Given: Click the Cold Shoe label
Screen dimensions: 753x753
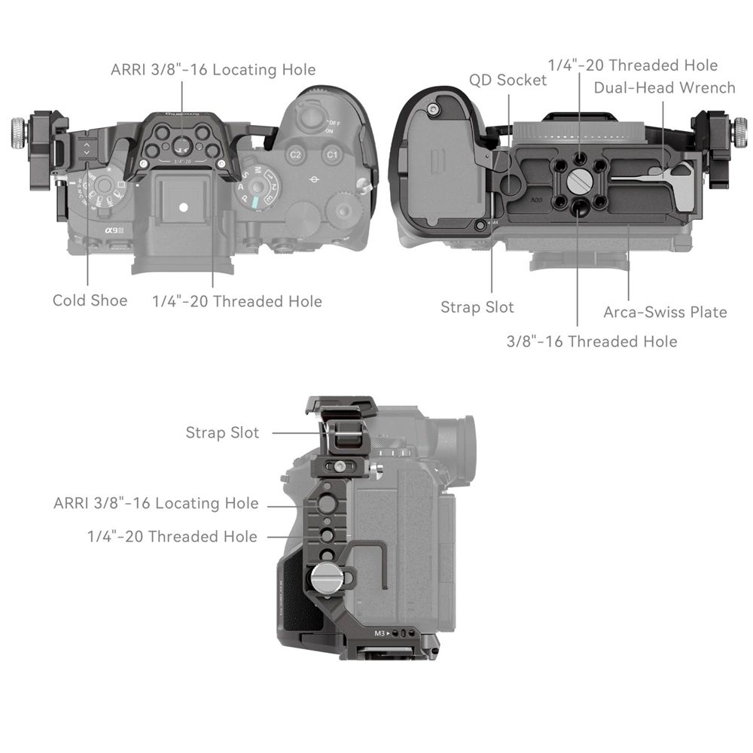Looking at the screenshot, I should (90, 300).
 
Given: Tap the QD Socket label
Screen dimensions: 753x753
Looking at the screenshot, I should (508, 80).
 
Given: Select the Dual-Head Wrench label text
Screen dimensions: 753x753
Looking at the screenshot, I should (664, 87).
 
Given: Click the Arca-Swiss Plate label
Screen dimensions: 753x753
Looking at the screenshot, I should (665, 312).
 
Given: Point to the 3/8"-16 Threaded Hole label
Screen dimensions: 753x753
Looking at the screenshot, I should (591, 341).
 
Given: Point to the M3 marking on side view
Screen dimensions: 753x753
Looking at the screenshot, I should (381, 633).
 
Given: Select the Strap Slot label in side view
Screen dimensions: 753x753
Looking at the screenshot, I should (222, 433).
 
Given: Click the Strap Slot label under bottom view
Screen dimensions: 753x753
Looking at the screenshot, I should (477, 307).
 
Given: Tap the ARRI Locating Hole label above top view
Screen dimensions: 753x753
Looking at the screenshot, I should (213, 70).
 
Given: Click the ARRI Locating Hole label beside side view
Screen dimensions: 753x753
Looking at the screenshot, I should (156, 503).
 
